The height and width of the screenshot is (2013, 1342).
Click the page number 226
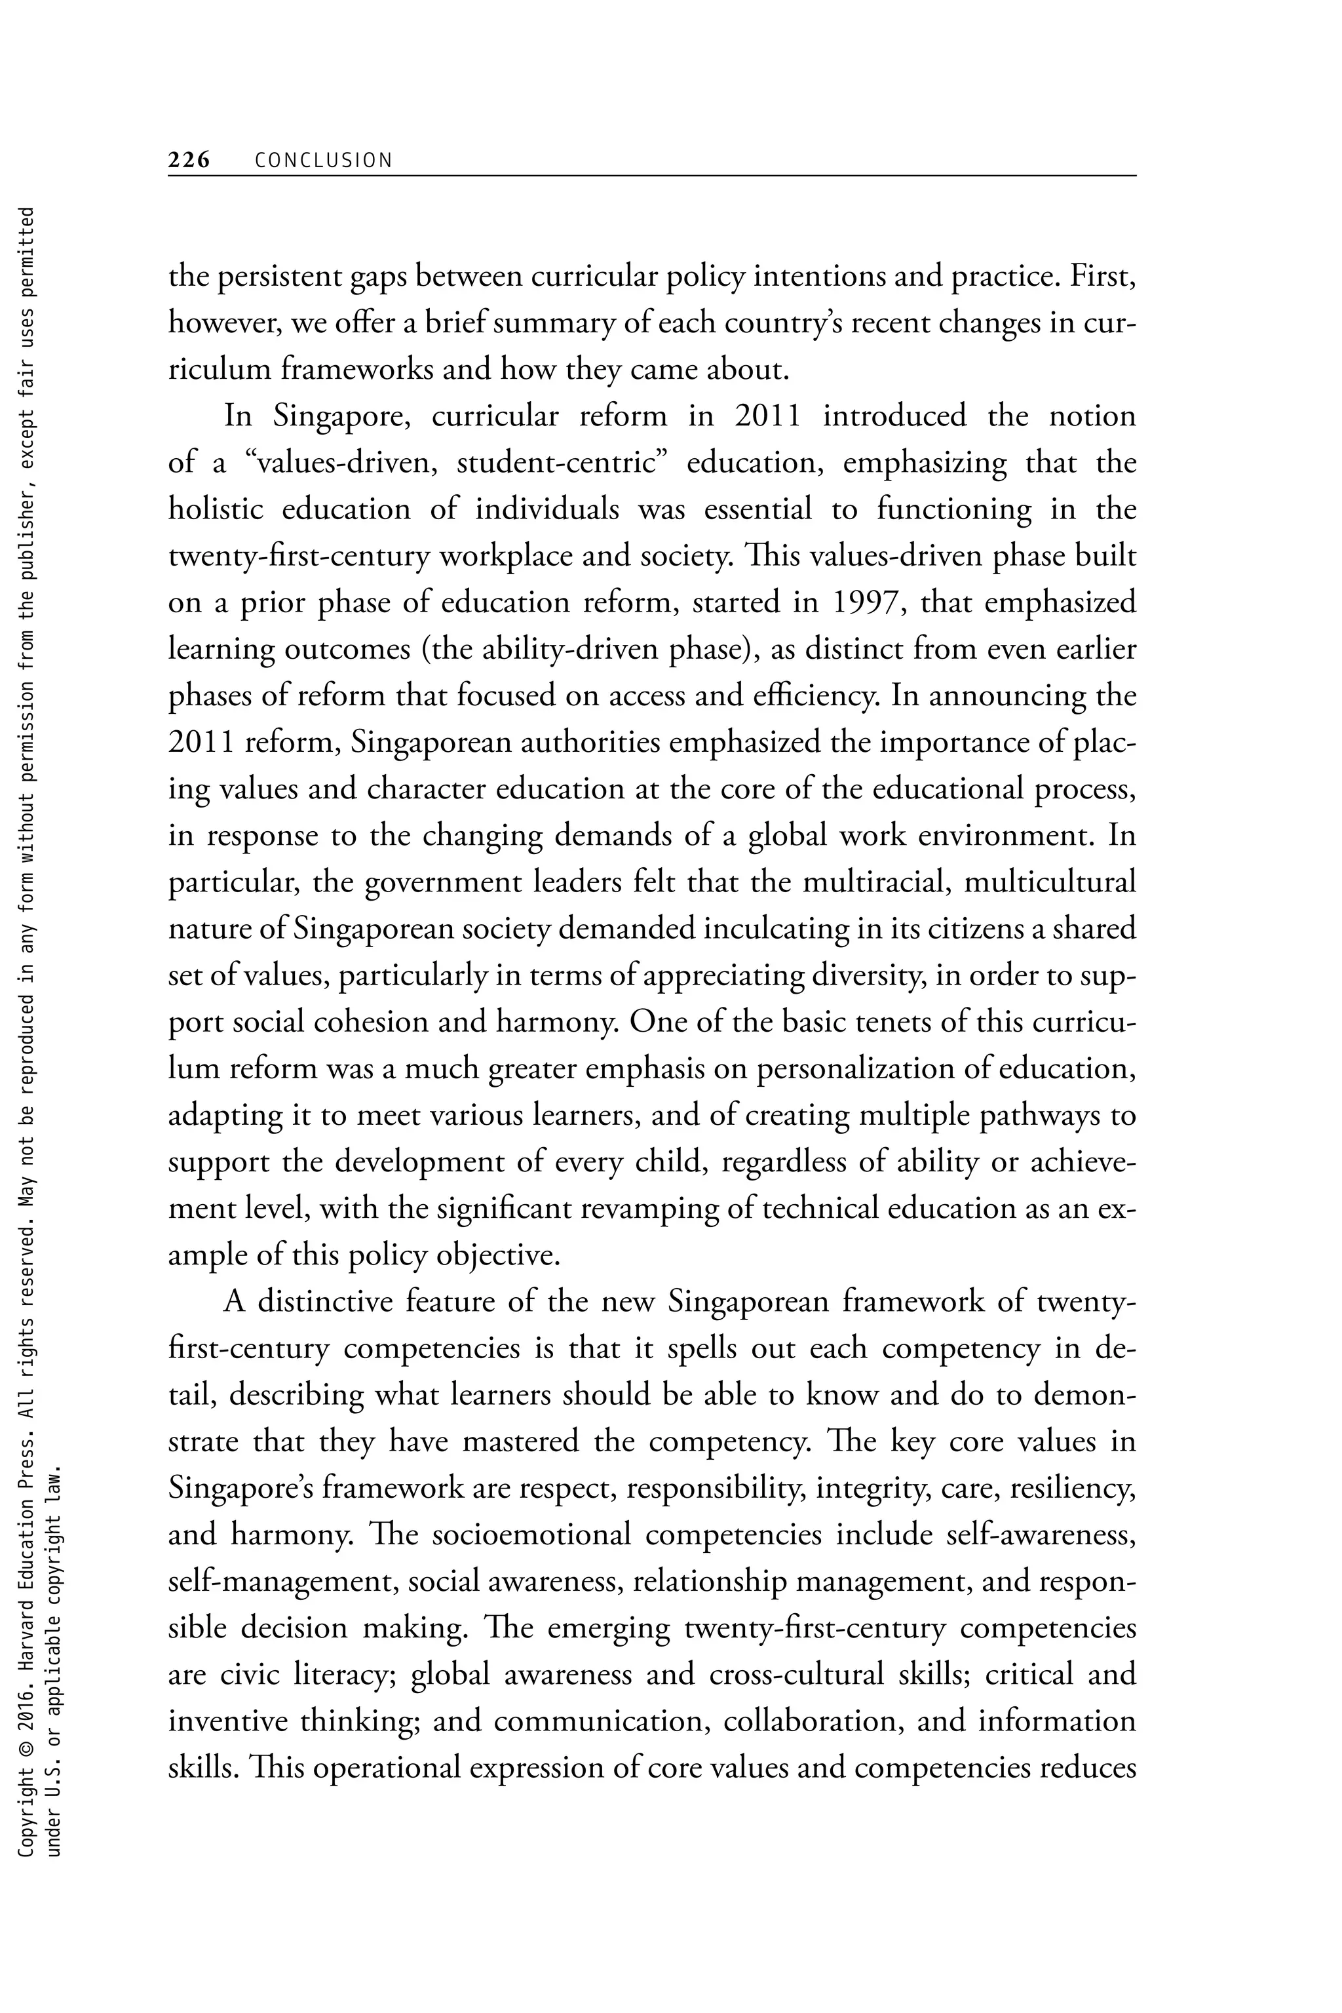[189, 160]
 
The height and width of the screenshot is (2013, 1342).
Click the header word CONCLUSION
[324, 160]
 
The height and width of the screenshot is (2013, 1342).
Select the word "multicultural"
[1050, 882]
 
